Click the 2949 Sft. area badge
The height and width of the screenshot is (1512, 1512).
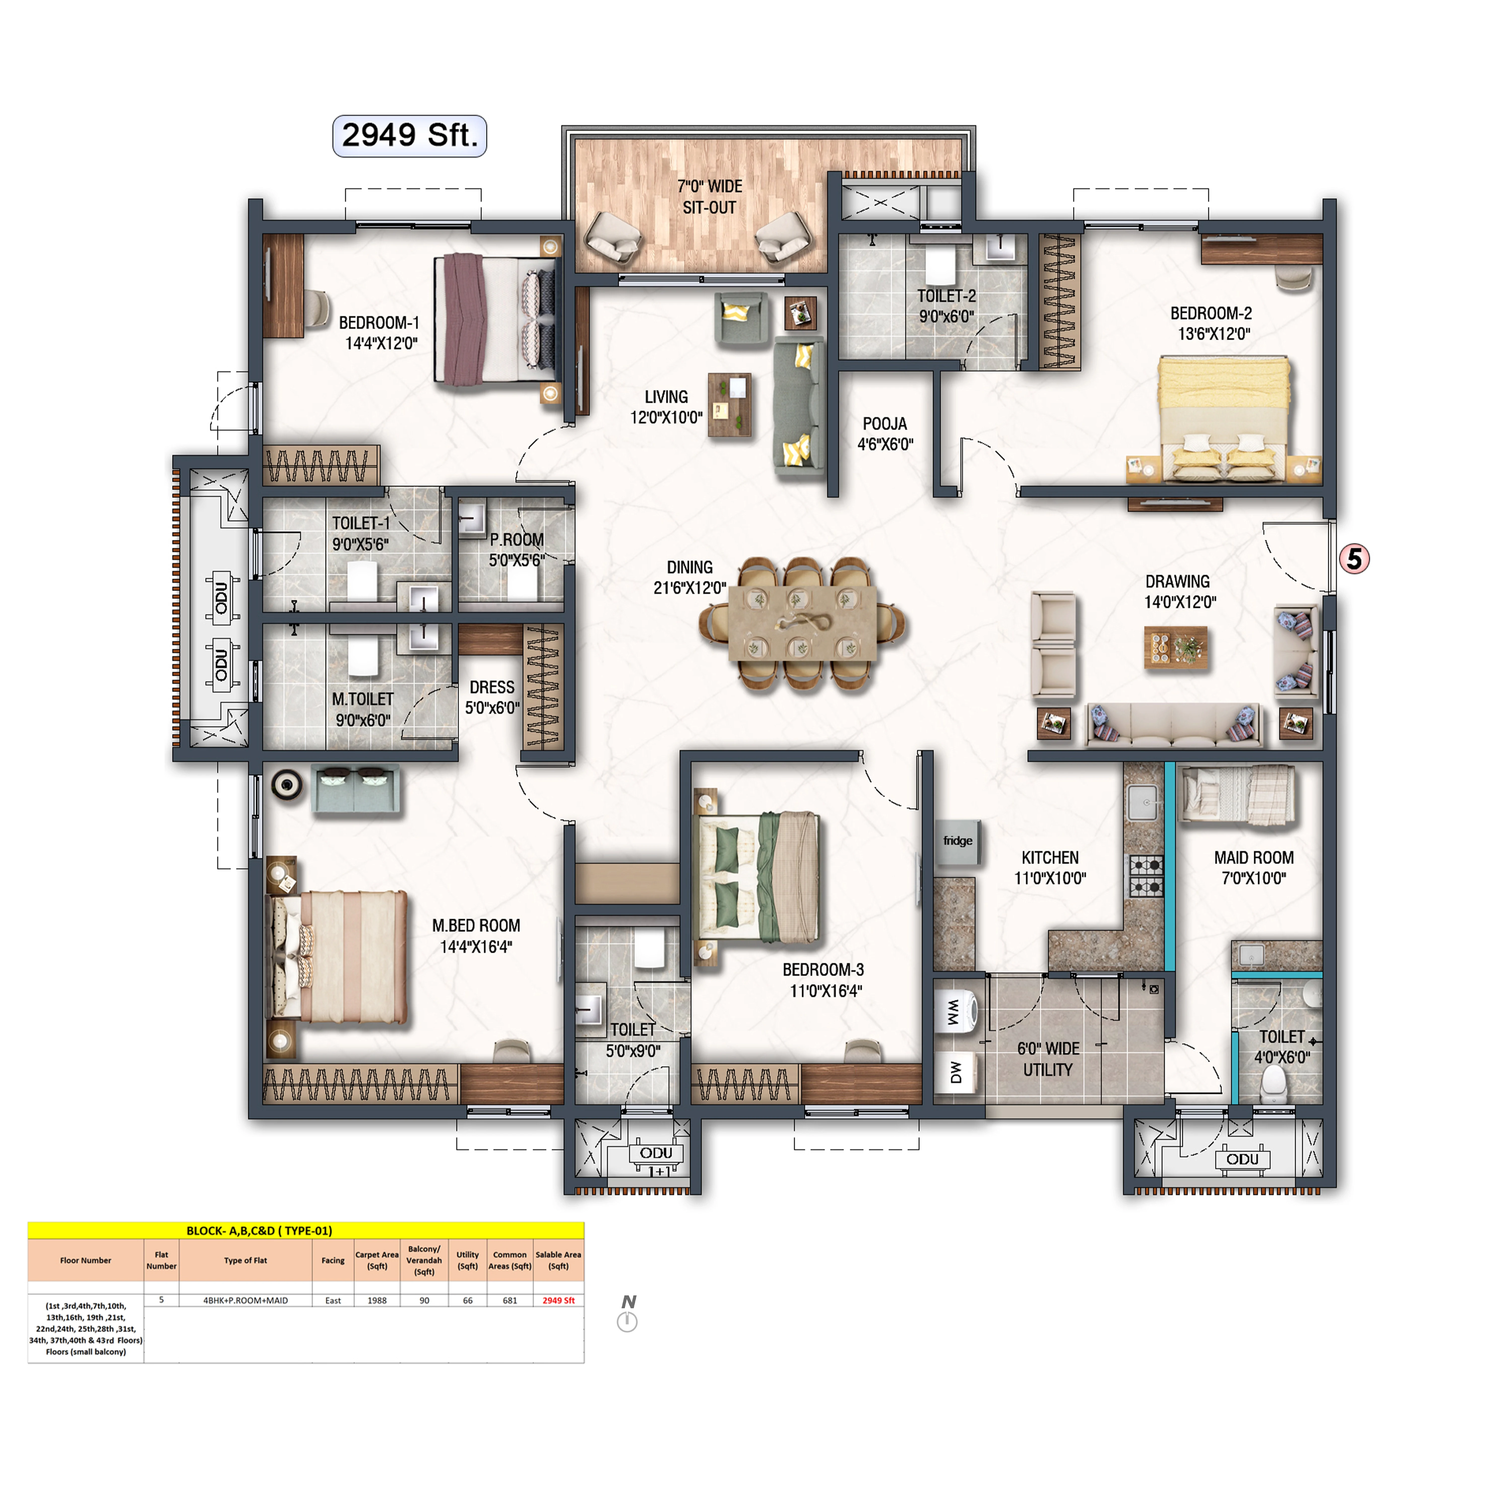tap(409, 135)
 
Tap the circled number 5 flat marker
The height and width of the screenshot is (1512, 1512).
tap(1354, 559)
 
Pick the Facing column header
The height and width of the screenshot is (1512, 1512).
tap(333, 1260)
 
